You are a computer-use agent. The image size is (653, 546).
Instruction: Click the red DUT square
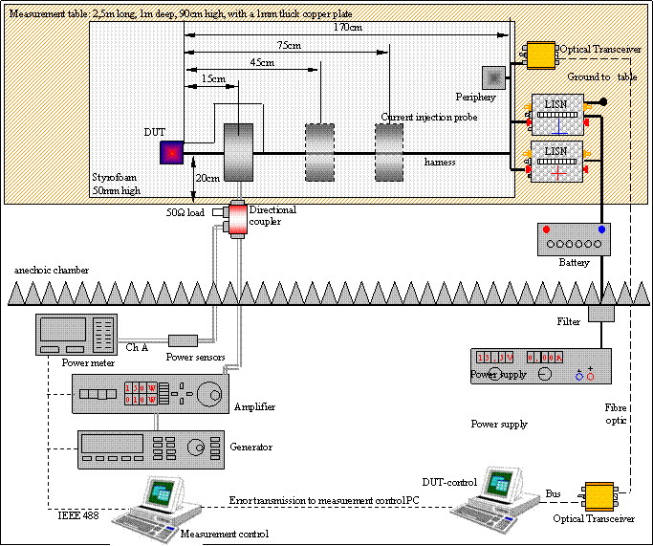tap(172, 152)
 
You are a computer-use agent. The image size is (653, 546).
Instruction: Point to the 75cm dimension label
tap(285, 45)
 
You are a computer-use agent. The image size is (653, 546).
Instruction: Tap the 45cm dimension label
tap(261, 62)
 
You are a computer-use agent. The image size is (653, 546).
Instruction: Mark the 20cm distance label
tap(207, 178)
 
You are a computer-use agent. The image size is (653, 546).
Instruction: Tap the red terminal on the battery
tap(546, 230)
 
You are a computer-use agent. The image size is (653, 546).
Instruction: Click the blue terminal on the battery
tap(601, 230)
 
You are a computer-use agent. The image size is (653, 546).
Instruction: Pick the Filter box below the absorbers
tap(600, 313)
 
